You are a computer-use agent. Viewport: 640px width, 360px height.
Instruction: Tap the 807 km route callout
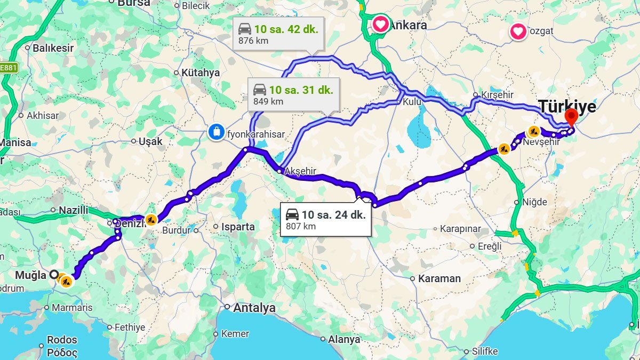coord(325,220)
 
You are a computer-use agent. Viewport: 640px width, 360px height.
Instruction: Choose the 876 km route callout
coord(278,34)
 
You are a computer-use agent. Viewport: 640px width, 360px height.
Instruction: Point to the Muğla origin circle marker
coord(54,275)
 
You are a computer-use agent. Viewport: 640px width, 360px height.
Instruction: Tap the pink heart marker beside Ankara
coord(380,24)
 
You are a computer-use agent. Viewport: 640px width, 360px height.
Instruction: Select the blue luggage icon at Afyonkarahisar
coord(216,131)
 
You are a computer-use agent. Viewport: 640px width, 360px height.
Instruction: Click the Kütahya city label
coord(200,73)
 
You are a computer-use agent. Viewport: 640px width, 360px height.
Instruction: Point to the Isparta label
coord(237,227)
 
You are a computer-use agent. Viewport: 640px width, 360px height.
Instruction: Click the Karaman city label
coord(439,278)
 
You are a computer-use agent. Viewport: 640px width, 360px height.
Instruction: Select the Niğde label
coord(535,202)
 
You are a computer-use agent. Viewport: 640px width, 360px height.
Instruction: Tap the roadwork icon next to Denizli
coord(151,219)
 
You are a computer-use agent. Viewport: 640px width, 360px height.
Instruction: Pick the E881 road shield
coord(8,68)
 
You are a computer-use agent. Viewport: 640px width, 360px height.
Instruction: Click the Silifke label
coord(484,351)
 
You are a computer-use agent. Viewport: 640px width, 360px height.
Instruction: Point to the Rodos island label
coord(62,340)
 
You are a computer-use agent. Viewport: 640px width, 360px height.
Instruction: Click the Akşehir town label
coord(301,171)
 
